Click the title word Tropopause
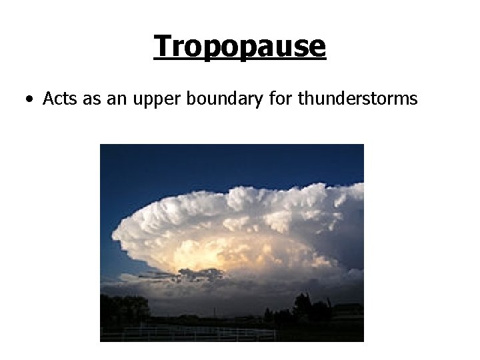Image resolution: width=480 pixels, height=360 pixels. coord(239,47)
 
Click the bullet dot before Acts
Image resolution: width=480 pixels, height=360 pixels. coord(29,100)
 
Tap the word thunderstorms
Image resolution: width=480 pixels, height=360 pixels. coord(358,99)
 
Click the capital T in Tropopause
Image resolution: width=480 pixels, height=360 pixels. coord(162,45)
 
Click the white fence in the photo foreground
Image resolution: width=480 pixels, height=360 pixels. coord(200,331)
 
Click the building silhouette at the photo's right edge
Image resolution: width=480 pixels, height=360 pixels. coord(350,310)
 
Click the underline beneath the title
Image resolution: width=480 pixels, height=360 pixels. coord(239,61)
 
